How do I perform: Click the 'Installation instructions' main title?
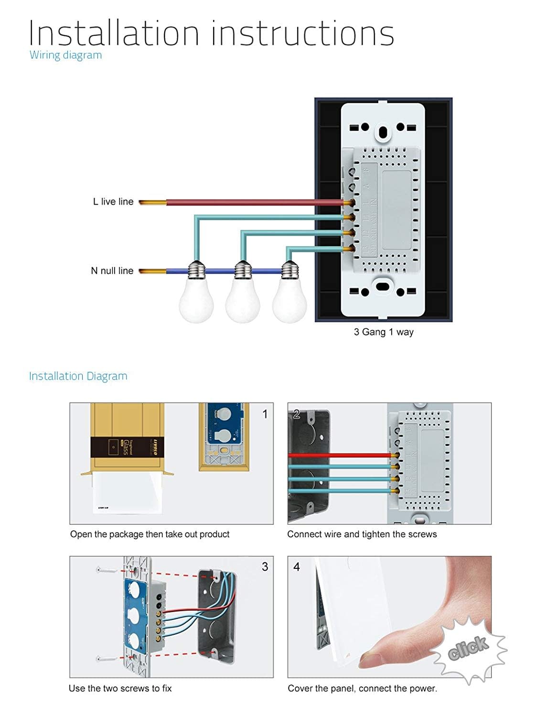(211, 33)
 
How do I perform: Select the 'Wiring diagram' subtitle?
(65, 55)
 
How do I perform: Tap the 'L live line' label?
(113, 202)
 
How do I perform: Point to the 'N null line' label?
(112, 271)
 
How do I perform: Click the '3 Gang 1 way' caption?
(384, 332)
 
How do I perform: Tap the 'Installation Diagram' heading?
(78, 376)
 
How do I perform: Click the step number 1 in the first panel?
(265, 414)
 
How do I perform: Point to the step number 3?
(265, 567)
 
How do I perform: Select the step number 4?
(297, 567)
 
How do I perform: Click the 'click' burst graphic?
(469, 648)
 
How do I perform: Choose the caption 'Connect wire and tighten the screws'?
(362, 534)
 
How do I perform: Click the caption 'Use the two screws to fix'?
(120, 688)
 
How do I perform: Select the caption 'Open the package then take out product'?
(150, 534)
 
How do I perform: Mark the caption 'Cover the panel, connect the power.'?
(362, 688)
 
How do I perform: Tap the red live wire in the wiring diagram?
(253, 202)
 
